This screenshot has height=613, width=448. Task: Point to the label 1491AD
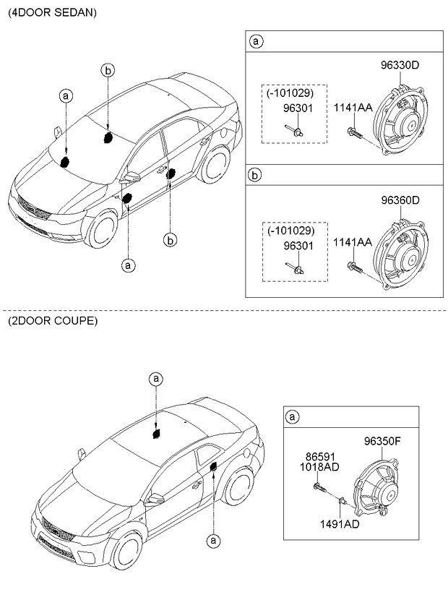339,524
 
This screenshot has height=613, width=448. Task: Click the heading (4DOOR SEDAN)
51,13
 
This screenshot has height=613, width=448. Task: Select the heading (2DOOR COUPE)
51,320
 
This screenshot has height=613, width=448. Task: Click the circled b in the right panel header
255,176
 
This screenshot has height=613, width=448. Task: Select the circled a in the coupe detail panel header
293,417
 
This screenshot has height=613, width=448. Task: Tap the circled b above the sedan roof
107,70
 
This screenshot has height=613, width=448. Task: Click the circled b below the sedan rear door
171,239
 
